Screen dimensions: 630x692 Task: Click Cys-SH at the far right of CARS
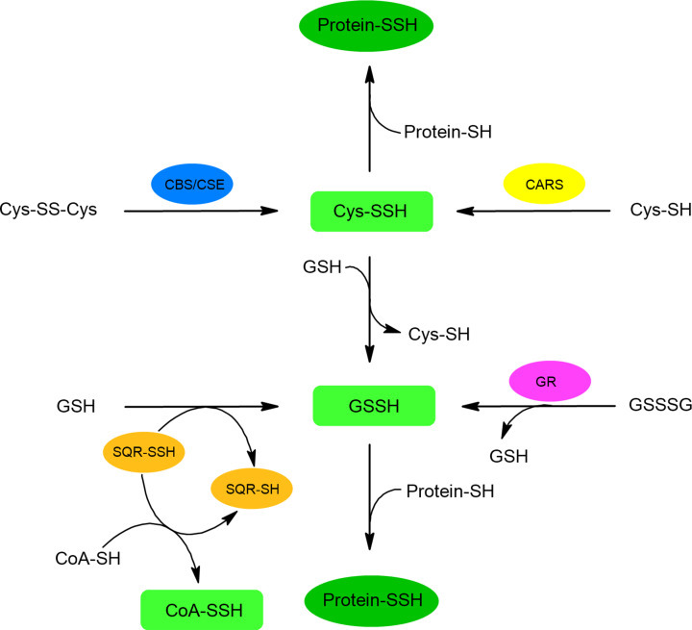tap(657, 210)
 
